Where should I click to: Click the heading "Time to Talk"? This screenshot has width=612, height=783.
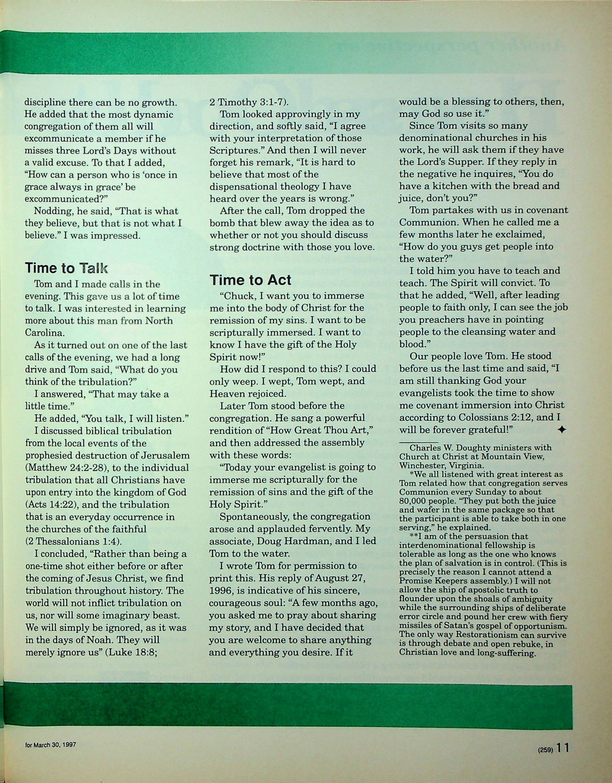(66, 268)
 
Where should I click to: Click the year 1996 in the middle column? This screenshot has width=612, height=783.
(223, 590)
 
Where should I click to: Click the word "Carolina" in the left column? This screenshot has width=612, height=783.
(44, 332)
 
